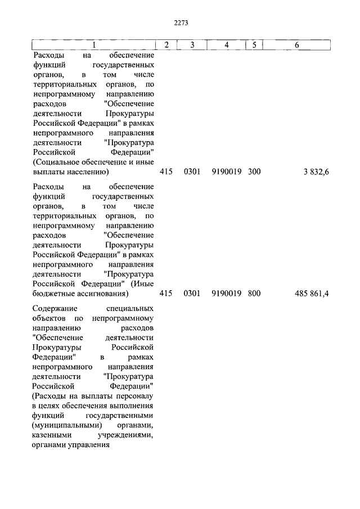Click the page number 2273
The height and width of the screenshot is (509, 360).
point(181,23)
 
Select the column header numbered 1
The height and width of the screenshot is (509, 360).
point(94,45)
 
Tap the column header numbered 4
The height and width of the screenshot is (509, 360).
point(226,45)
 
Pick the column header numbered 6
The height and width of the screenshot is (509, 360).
point(296,45)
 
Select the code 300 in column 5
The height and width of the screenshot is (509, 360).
point(254,172)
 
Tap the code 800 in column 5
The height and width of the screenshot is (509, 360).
point(254,294)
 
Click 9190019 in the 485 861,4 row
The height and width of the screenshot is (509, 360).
point(227,294)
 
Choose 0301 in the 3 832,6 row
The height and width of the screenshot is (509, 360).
point(192,172)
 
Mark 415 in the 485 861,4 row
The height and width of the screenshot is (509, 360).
point(166,294)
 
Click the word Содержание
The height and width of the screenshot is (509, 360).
point(55,309)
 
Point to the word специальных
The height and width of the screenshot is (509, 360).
point(130,309)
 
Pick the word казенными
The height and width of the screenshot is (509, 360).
point(52,436)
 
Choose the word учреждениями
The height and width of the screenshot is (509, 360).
point(127,436)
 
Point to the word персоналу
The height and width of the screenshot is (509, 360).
point(135,406)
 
